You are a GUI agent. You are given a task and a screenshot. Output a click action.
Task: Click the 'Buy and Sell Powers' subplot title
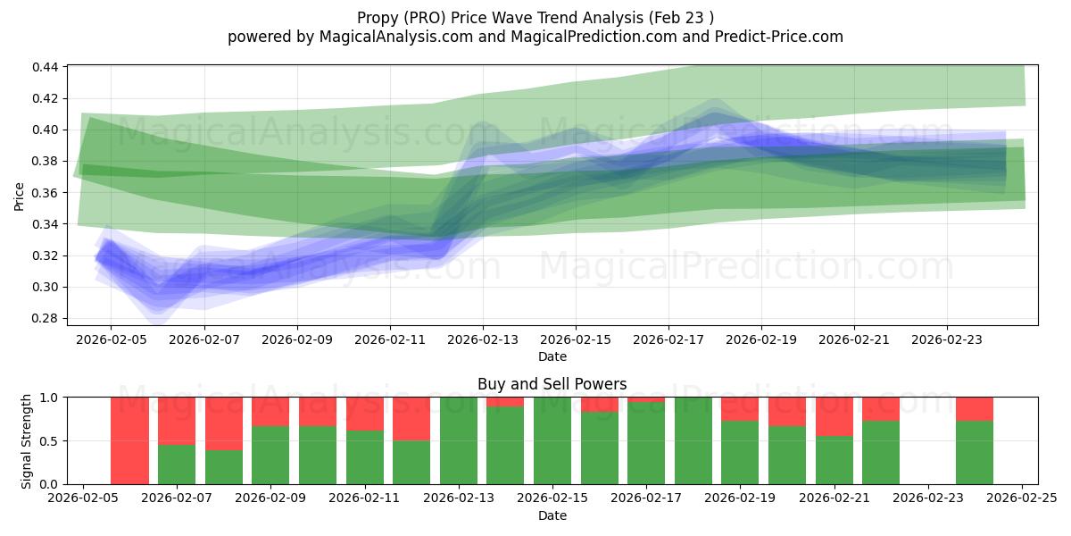pos(552,384)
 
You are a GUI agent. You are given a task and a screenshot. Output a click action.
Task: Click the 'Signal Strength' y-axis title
pos(27,440)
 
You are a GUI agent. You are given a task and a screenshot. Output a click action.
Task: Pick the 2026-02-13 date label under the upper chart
pos(483,339)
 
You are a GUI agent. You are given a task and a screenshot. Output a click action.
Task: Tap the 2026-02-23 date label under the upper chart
pos(947,339)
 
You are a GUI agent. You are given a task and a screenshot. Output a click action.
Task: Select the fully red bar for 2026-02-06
pos(129,440)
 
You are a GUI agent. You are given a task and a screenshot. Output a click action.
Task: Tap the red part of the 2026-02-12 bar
pos(411,418)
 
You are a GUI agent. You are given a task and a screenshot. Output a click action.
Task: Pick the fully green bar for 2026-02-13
pos(459,440)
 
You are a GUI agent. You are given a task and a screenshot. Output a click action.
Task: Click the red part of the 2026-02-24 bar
pos(974,408)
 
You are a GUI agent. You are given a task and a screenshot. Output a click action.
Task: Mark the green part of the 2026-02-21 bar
pos(834,460)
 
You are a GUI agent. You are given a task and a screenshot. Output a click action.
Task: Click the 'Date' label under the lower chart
pos(552,515)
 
